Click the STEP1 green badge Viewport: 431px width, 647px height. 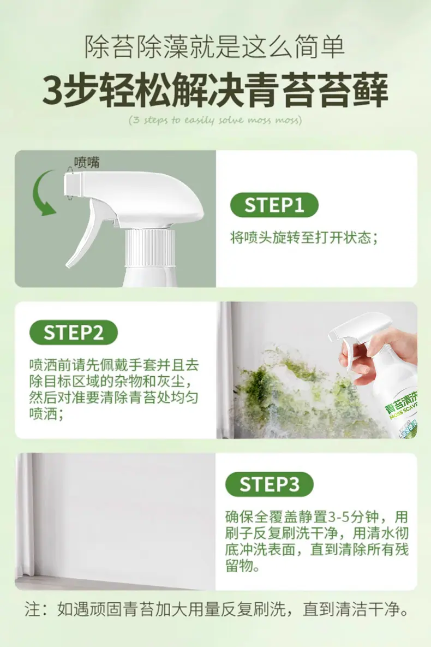tap(274, 205)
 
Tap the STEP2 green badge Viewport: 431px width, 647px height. tap(74, 333)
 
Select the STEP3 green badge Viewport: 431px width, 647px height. tap(270, 484)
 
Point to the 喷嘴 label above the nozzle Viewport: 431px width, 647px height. tap(87, 162)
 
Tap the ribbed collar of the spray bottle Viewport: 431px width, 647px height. tap(150, 247)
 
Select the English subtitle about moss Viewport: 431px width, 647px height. tap(215, 120)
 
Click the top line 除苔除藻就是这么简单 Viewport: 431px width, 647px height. tap(215, 46)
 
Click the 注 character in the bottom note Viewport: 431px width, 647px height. tap(32, 609)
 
